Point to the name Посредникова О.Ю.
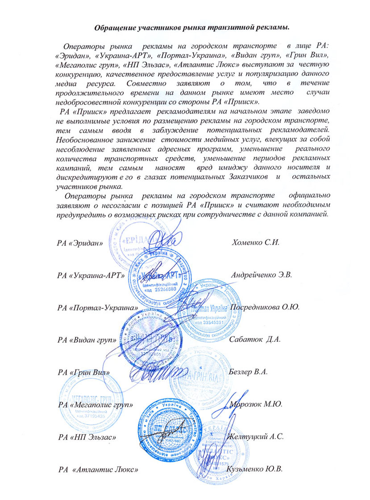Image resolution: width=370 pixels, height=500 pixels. pos(264,307)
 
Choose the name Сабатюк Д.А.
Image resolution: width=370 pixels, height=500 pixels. pos(254,339)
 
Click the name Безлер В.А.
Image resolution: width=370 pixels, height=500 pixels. pos(248,372)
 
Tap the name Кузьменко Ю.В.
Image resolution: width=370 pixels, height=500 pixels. pos(255,469)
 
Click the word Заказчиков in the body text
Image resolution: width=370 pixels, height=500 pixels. pos(247,177)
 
